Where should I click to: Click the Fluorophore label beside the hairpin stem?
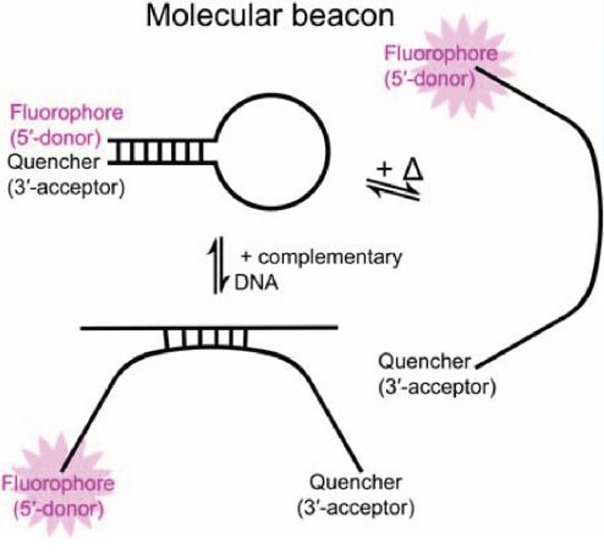(67, 113)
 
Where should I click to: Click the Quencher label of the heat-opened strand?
(424, 362)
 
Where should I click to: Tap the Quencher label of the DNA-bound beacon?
(355, 482)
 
